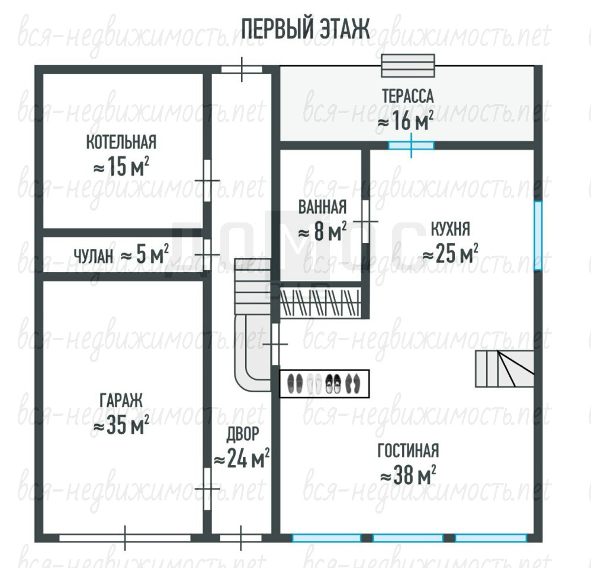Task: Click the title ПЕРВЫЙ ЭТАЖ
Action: click(306, 30)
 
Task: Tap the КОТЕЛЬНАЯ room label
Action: click(121, 143)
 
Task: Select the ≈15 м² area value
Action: click(121, 166)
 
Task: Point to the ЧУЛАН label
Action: click(94, 257)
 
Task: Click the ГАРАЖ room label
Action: click(121, 400)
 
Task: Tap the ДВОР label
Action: click(242, 434)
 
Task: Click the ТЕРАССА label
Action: click(408, 96)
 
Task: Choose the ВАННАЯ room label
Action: click(322, 207)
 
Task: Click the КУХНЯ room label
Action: click(450, 228)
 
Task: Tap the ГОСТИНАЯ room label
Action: click(408, 450)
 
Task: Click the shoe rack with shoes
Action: click(324, 384)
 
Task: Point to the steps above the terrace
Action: click(408, 66)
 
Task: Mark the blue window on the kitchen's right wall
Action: click(538, 235)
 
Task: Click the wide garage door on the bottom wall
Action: click(125, 538)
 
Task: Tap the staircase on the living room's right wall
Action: click(505, 369)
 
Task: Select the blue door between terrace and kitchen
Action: click(411, 146)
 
